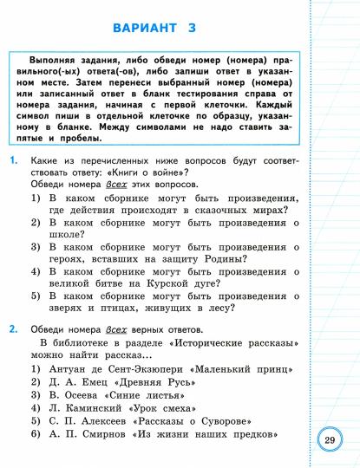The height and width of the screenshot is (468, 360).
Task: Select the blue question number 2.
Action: click(x=13, y=330)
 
